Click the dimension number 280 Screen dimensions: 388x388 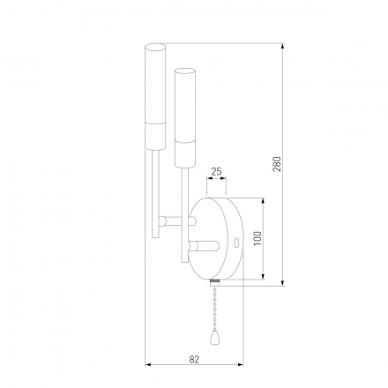coord(276,164)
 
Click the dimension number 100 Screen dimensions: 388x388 coord(257,240)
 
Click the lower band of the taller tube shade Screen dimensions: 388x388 coord(155,135)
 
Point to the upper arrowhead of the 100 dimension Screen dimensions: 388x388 coord(264,198)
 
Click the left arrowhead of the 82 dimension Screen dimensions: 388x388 coord(147,364)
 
